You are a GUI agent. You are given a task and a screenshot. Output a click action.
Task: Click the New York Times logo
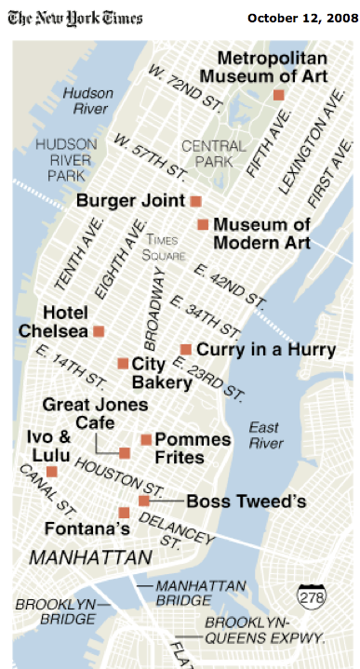(76, 20)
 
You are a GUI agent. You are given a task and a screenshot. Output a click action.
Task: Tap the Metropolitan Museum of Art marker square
(278, 95)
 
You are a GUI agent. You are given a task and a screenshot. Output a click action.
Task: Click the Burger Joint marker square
(195, 201)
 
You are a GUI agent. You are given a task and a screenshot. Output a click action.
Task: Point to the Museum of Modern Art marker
(203, 224)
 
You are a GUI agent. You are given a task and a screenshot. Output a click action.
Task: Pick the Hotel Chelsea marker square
(98, 330)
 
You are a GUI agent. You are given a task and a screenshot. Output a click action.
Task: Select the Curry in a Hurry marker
(186, 349)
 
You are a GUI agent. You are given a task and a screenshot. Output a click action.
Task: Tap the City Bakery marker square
(123, 363)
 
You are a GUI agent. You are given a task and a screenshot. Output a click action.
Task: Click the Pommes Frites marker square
(146, 439)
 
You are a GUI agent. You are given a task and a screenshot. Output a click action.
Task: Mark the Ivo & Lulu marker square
(52, 472)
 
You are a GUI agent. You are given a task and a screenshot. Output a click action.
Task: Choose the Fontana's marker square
(124, 513)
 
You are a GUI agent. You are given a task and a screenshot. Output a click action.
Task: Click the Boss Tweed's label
(247, 502)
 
